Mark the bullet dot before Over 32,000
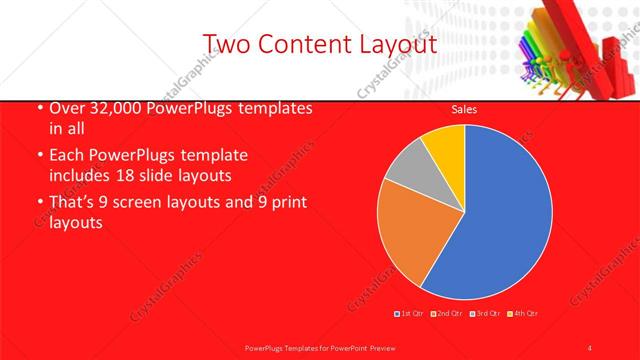click(39, 109)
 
